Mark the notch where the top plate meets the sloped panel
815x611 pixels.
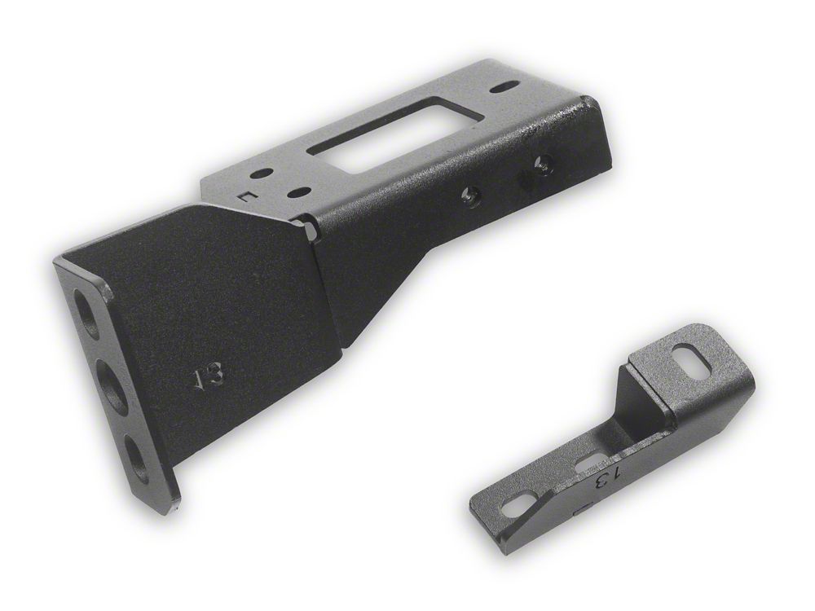[x=309, y=226]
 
